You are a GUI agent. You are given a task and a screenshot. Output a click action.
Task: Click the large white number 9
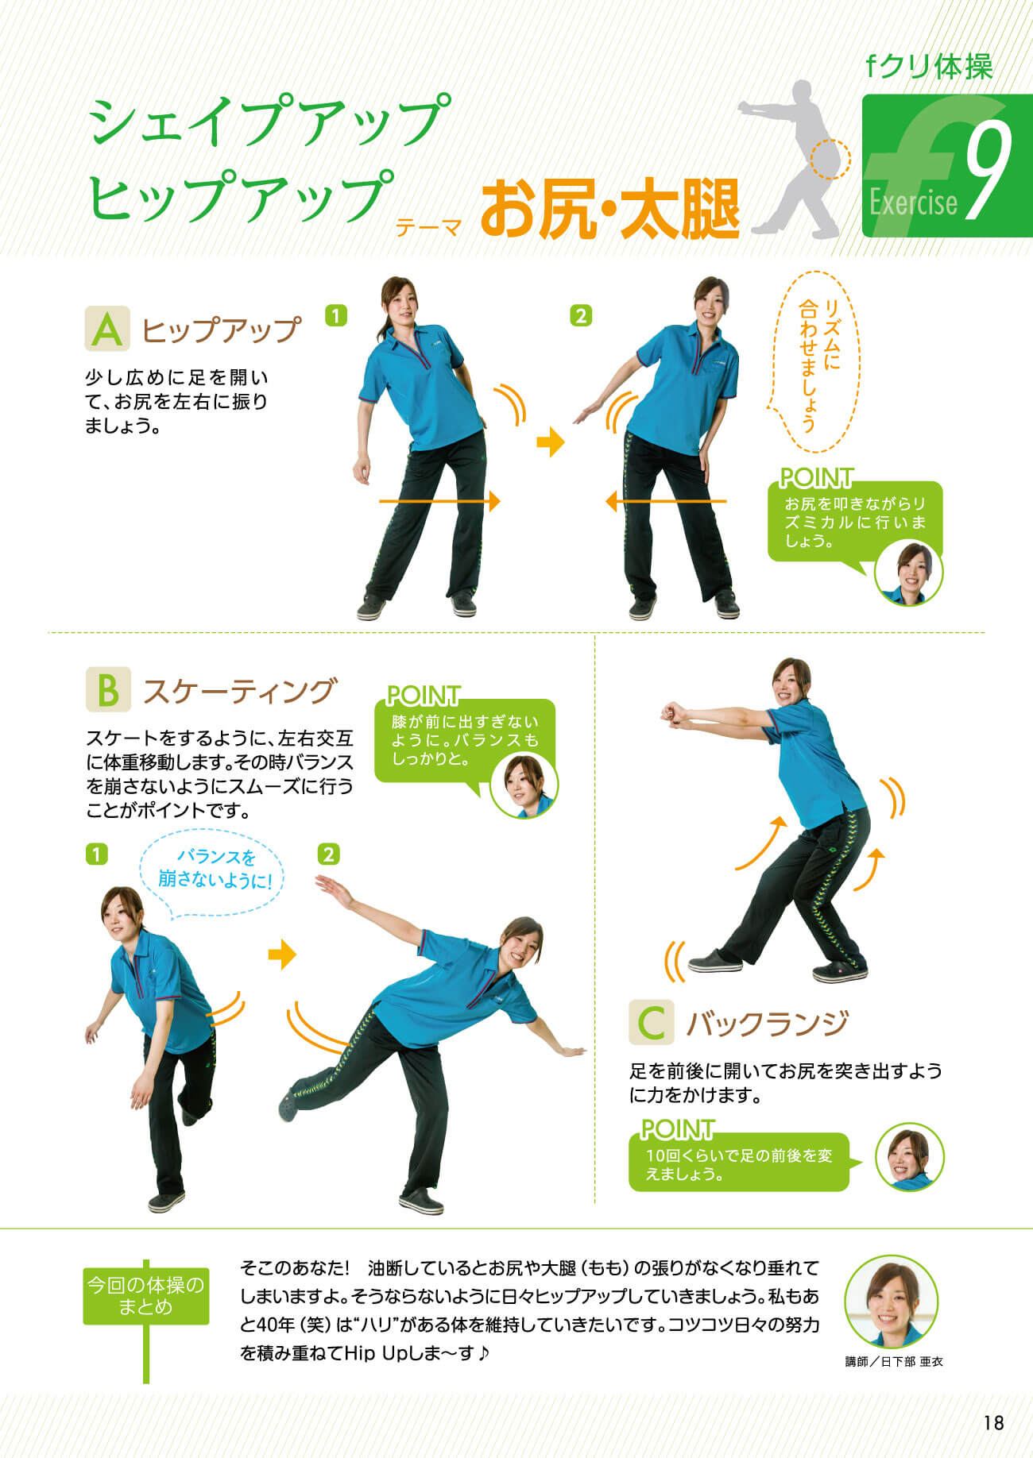989,170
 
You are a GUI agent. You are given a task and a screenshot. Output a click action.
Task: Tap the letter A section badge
107,329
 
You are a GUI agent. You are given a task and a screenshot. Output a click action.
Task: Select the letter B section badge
107,689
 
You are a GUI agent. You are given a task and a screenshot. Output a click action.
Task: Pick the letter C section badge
651,1022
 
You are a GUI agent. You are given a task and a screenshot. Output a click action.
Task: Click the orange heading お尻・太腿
609,210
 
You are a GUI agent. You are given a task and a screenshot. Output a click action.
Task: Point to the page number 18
993,1422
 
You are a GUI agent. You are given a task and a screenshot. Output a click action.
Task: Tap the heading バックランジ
767,1024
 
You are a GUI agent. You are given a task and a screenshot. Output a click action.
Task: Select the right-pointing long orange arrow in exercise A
439,501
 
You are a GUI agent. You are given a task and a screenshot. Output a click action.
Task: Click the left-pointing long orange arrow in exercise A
666,501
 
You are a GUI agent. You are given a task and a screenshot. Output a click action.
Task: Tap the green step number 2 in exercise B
328,854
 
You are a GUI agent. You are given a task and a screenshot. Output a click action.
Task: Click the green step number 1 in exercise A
336,316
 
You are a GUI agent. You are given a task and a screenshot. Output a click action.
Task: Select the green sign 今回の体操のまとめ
146,1295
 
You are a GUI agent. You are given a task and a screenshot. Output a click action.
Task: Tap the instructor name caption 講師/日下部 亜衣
893,1361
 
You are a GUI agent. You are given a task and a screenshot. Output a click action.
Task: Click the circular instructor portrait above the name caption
892,1301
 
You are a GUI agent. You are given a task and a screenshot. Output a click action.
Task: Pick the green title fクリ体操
930,67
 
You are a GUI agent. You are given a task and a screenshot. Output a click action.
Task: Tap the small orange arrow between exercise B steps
282,955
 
